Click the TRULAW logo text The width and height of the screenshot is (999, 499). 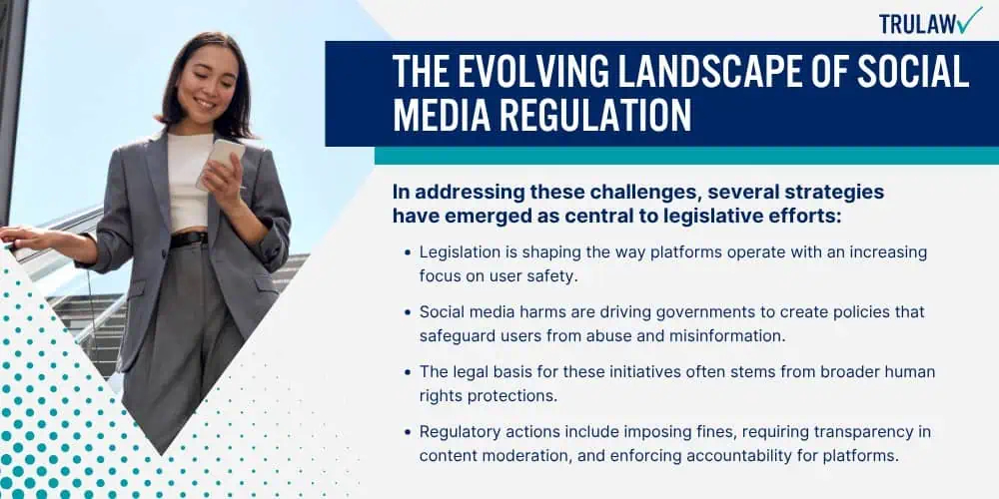(918, 24)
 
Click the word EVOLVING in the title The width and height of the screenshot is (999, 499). (529, 71)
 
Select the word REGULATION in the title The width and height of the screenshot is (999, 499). (595, 115)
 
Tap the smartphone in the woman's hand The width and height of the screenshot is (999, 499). (220, 163)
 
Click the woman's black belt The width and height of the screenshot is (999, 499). (189, 239)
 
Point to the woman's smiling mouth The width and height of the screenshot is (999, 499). (205, 103)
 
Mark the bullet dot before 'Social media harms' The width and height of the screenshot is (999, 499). (408, 312)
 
